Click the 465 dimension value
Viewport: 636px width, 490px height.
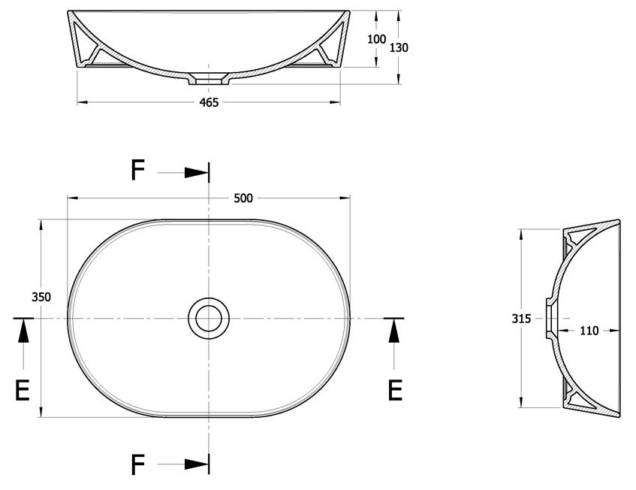[209, 103]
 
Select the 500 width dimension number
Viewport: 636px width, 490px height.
[243, 198]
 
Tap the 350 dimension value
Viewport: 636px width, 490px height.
[41, 297]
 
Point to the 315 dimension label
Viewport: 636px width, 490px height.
[521, 319]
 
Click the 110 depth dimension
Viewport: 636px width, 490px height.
[589, 331]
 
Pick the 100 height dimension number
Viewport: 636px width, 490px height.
[376, 39]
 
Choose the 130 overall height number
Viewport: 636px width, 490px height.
[399, 48]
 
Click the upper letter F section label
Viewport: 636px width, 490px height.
[138, 170]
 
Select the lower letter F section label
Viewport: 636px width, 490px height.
[138, 465]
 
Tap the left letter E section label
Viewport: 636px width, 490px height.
[23, 391]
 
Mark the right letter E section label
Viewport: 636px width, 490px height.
[395, 391]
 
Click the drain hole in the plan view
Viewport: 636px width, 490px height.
[209, 319]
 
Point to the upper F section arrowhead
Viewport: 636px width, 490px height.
[197, 173]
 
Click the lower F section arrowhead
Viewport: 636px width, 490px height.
[197, 464]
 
